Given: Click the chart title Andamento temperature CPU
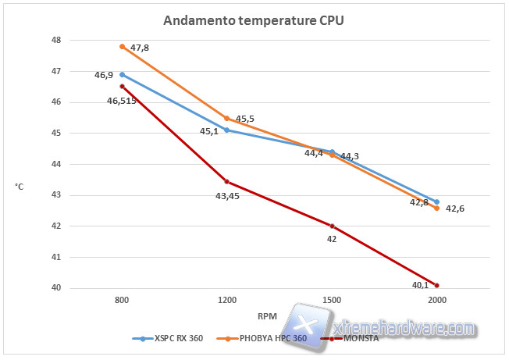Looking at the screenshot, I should click(253, 21).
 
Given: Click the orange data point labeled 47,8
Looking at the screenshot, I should click(122, 46).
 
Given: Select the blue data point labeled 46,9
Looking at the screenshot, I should click(122, 74).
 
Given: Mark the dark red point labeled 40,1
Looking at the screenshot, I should click(436, 285).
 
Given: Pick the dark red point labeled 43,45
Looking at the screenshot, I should click(226, 181).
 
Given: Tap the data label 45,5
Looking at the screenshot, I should click(245, 119).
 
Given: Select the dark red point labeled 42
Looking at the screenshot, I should click(332, 226).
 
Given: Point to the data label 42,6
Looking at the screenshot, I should click(455, 209).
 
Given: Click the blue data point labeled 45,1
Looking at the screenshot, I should click(226, 130).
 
